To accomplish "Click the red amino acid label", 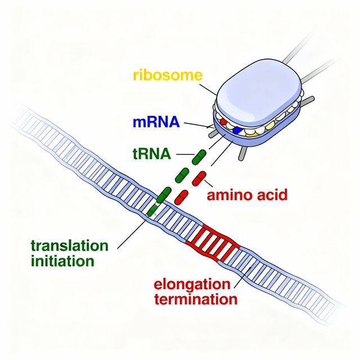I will click(x=247, y=195).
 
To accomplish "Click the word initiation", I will click(x=61, y=261).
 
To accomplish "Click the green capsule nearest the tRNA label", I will click(x=199, y=157).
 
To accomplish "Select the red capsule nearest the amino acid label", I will click(x=200, y=179).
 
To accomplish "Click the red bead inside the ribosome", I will click(x=223, y=121).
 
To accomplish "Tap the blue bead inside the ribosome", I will click(x=237, y=130).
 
